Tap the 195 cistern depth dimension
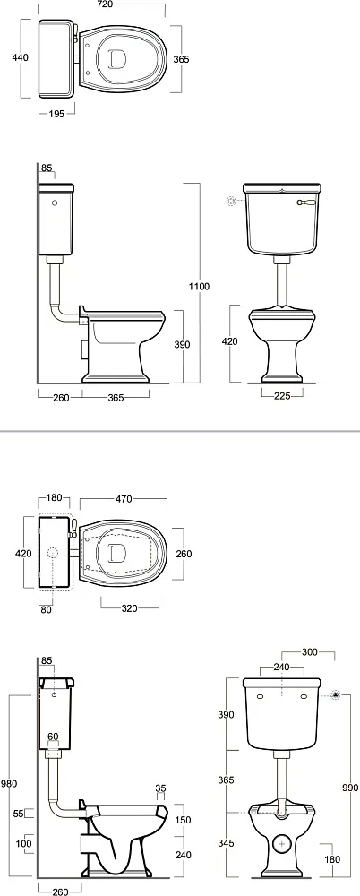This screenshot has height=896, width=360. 56,114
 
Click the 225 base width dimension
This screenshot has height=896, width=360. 282,395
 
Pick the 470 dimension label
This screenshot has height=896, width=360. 124,499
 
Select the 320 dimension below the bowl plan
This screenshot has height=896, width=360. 130,608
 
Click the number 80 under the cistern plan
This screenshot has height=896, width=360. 46,609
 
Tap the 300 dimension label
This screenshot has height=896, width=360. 310,652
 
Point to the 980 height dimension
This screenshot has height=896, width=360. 10,783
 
